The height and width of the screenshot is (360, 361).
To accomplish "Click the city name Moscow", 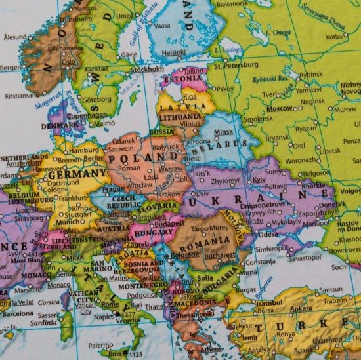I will pyautogui.click(x=280, y=108).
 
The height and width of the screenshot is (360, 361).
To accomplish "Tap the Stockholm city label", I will pyautogui.click(x=148, y=68).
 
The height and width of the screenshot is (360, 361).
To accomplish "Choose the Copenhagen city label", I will pyautogui.click(x=86, y=115).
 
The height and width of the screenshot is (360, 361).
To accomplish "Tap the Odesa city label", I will pyautogui.click(x=268, y=234).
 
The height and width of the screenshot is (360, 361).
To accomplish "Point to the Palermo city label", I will pyautogui.click(x=100, y=344).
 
